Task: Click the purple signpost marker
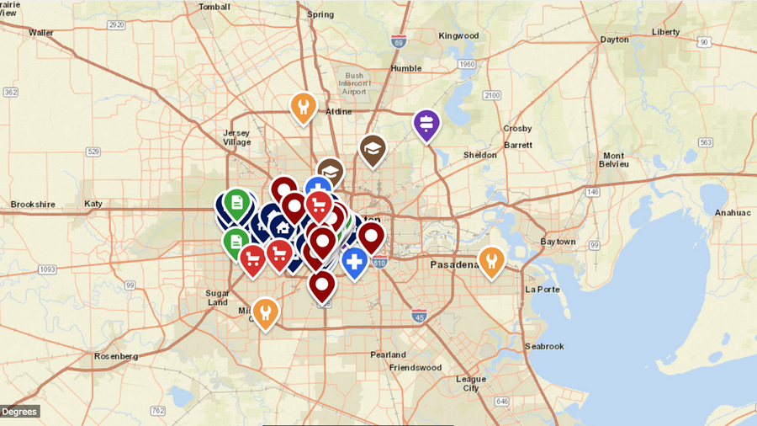point(426,125)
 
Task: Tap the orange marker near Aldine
point(303,107)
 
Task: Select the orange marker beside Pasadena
point(491,260)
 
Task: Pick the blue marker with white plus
point(354,261)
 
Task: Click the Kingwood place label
point(458,36)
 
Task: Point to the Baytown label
point(558,242)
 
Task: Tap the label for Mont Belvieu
point(614,160)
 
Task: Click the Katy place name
point(93,204)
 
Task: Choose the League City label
point(470,383)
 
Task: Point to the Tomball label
point(214,7)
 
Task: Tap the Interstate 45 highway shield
point(419,315)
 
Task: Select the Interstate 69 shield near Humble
point(399,41)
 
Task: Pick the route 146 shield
point(593,192)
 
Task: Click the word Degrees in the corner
point(19,411)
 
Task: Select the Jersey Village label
point(236,137)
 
